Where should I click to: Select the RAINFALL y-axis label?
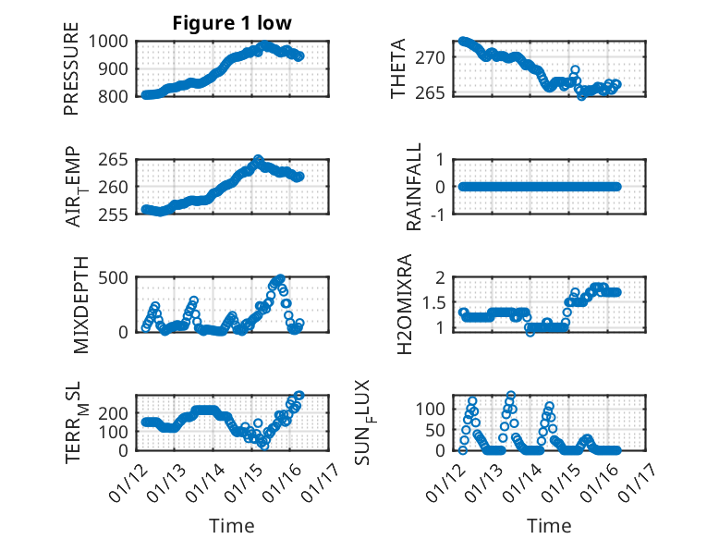pos(415,187)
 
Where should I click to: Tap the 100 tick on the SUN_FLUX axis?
pos(434,408)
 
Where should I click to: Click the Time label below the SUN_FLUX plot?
pos(549,525)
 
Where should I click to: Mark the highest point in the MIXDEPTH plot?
pos(280,277)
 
